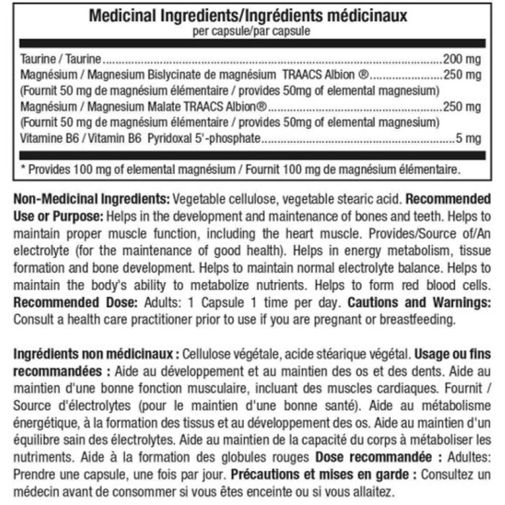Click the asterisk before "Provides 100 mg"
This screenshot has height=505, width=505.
tap(24, 171)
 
